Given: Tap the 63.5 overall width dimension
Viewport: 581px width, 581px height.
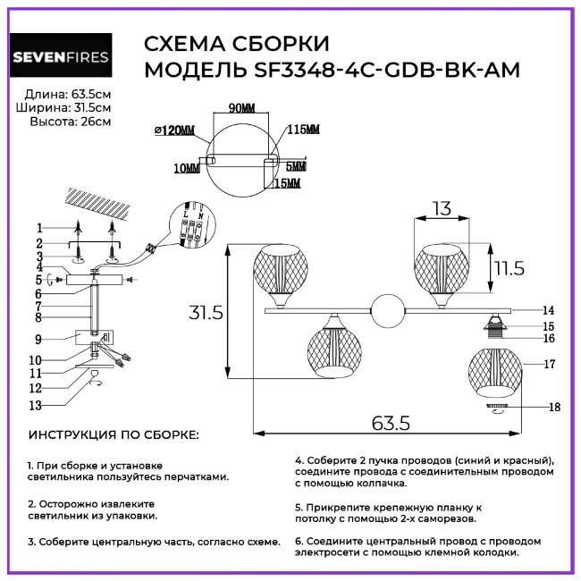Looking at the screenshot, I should pyautogui.click(x=390, y=420).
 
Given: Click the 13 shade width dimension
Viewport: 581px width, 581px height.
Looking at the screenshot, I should pyautogui.click(x=441, y=208).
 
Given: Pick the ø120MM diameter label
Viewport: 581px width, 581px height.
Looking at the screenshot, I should pyautogui.click(x=174, y=131).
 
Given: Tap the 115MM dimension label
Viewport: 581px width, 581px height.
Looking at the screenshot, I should pyautogui.click(x=304, y=131).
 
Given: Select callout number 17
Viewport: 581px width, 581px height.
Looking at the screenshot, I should pyautogui.click(x=550, y=364).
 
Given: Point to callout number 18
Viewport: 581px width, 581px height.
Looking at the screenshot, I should pyautogui.click(x=555, y=407).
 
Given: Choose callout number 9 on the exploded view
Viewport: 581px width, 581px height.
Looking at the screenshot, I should pyautogui.click(x=39, y=339).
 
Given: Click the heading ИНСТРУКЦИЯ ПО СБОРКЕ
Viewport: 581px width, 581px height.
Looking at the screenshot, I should pyautogui.click(x=114, y=435).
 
